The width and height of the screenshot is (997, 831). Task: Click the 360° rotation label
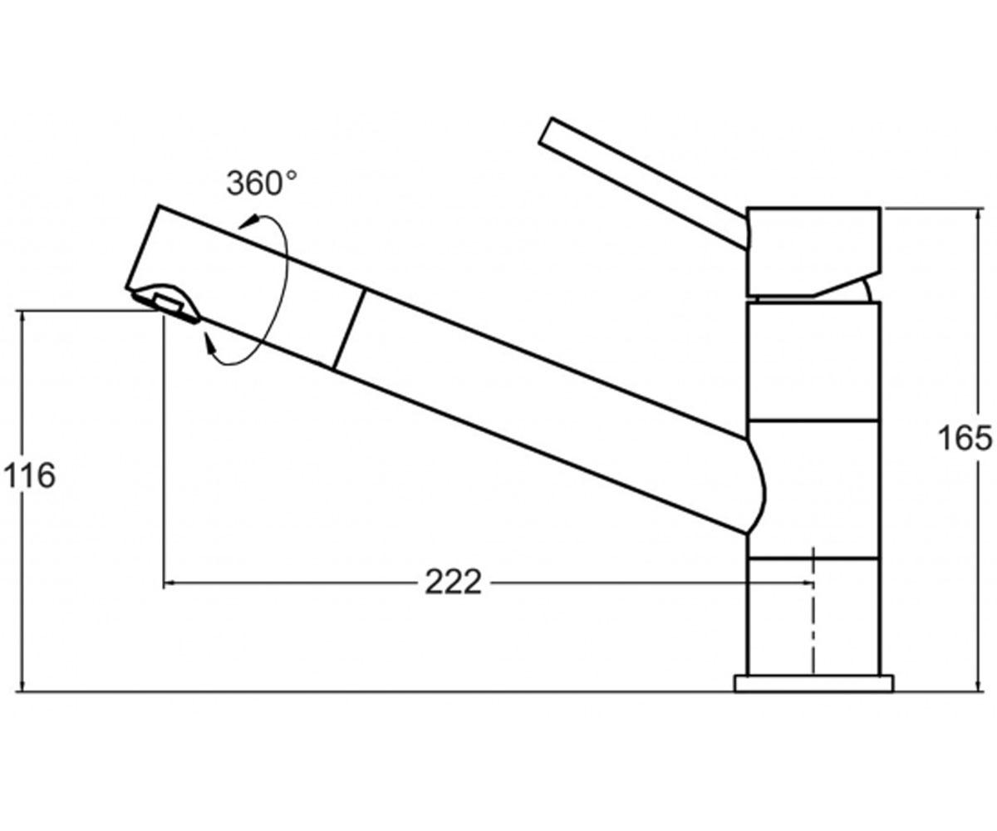(x=262, y=184)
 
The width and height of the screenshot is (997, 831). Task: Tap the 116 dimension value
(x=30, y=475)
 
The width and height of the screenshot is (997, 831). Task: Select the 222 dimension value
(x=453, y=583)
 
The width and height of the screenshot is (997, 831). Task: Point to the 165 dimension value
(x=965, y=438)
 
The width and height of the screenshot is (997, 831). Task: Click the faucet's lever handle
(x=644, y=183)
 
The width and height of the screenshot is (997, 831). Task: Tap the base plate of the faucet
(x=813, y=683)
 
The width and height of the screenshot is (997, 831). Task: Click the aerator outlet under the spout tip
(x=167, y=302)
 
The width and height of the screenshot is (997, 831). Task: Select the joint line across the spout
(x=350, y=329)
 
